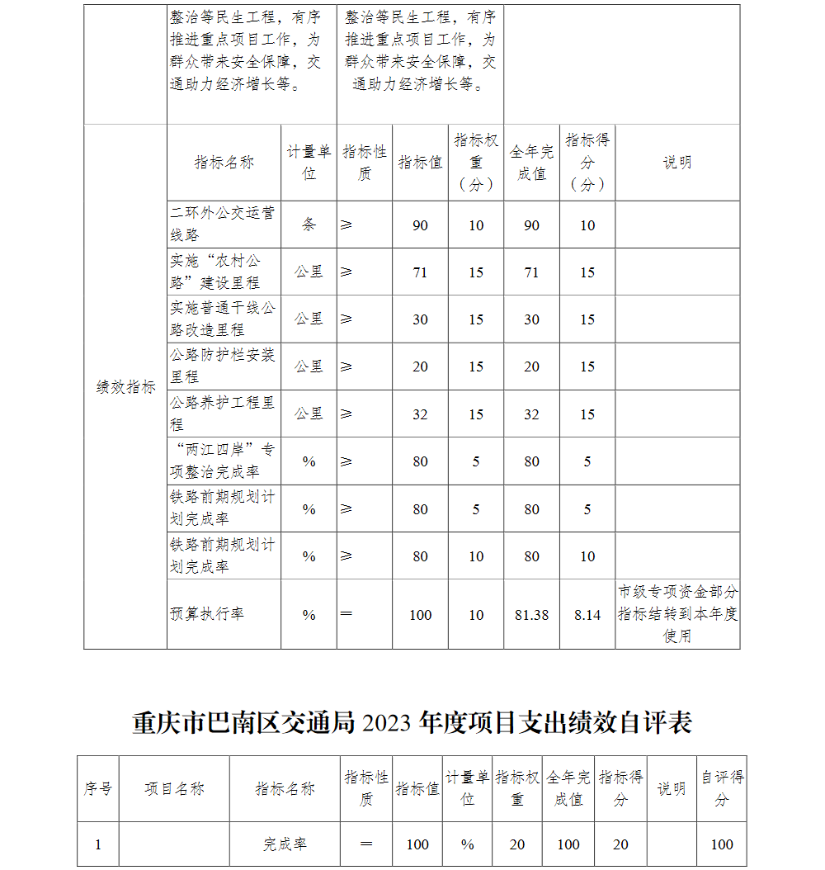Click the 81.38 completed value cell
531,615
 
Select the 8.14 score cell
587,615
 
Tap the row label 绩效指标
125,387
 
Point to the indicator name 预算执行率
207,614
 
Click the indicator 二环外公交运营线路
222,224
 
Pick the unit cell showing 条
309,225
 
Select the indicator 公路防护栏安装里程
222,366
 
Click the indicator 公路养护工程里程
222,413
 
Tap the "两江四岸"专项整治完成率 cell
222,461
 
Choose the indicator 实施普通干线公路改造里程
222,319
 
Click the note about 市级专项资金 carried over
677,614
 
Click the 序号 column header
98,789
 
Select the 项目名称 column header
174,789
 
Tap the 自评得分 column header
722,788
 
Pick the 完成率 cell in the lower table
285,844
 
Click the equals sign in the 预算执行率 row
346,614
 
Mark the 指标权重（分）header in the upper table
476,162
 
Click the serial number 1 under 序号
98,844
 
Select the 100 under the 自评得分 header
722,844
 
